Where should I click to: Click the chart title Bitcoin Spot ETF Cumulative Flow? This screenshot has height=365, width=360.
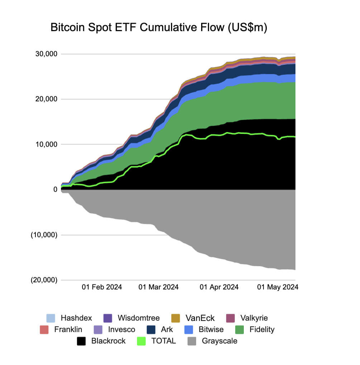pyautogui.click(x=159, y=28)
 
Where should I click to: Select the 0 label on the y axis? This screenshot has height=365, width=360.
pyautogui.click(x=55, y=189)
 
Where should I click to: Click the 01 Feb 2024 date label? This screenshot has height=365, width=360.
pyautogui.click(x=102, y=287)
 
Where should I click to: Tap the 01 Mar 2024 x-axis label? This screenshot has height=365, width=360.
pyautogui.click(x=158, y=287)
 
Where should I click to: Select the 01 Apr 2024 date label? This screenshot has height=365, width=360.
pyautogui.click(x=219, y=287)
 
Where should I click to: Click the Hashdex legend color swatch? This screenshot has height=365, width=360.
pyautogui.click(x=51, y=318)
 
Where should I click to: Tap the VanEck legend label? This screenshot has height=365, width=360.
pyautogui.click(x=200, y=318)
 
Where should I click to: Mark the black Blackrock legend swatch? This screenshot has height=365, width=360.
pyautogui.click(x=82, y=341)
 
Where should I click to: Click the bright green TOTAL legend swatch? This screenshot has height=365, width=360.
pyautogui.click(x=142, y=341)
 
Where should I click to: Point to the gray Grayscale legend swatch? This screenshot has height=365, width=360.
pyautogui.click(x=192, y=341)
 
